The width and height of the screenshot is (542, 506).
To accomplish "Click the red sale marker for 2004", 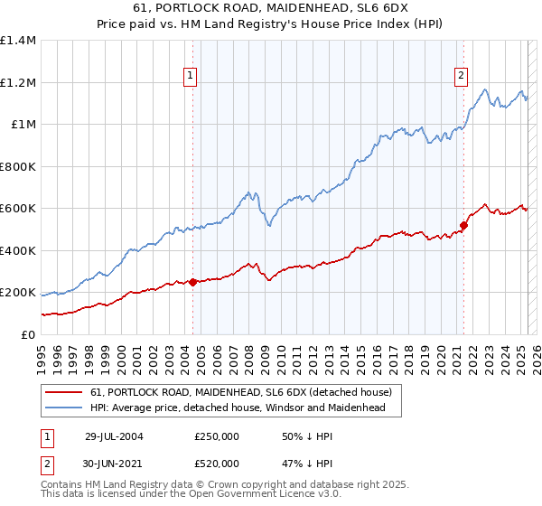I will point(193,282).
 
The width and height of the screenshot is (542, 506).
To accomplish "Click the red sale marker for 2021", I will point(463,225).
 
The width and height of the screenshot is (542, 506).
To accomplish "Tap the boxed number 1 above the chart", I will point(192,76).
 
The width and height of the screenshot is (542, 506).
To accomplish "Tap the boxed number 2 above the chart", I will point(462,76).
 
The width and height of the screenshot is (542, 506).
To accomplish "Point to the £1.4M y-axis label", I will point(18,41).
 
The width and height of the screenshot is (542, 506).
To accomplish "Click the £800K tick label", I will point(18,166).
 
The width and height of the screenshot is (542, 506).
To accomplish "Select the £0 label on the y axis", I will point(27,334).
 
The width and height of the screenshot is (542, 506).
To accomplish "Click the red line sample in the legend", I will point(63,393).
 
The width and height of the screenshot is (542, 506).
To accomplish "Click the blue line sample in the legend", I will point(63,408).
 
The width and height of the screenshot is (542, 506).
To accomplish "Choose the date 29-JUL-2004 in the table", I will point(113,436).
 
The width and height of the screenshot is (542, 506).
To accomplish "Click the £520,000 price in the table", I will point(217,464).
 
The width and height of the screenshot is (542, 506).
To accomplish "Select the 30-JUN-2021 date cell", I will point(113,464).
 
